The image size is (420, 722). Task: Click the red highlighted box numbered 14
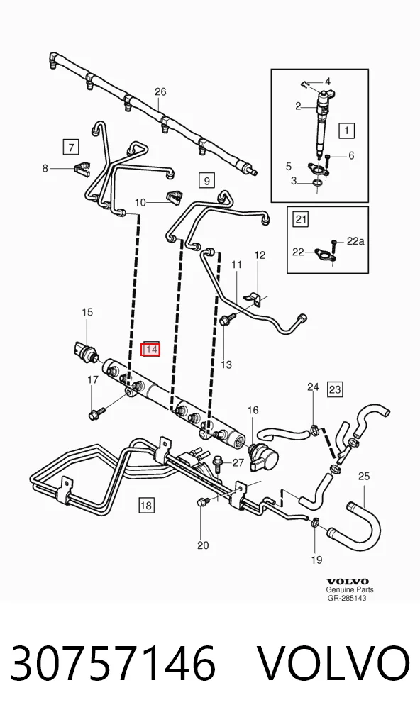pos(151,350)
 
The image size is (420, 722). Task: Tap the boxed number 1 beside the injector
pos(346,130)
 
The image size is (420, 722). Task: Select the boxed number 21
pos(301,219)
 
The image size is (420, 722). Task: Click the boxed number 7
pos(71,147)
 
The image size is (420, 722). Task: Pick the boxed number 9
pos(206,180)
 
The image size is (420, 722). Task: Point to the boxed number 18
pos(145,506)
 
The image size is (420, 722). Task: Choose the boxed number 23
pos(335,389)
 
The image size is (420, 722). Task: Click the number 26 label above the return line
pos(160,91)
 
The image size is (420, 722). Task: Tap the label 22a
pos(355,241)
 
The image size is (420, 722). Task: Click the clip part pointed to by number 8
pos(82,167)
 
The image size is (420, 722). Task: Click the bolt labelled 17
pos(96,413)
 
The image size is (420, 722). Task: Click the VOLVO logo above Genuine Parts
pos(348,581)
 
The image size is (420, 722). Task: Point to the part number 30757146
pos(113,664)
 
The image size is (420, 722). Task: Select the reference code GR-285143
pos(347,598)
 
